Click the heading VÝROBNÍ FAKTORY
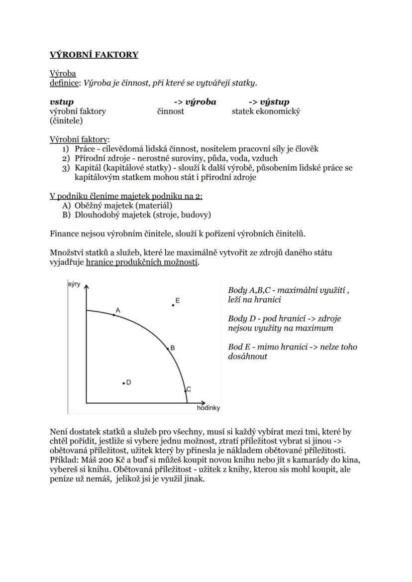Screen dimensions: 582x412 point(94,55)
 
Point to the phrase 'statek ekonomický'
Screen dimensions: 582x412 point(266,112)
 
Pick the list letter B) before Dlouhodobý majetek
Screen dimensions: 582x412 point(66,215)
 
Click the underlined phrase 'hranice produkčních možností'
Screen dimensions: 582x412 point(142,262)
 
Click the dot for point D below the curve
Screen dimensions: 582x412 point(123,383)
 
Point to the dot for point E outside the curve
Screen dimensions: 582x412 point(173,305)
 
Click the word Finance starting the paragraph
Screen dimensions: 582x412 point(65,233)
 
